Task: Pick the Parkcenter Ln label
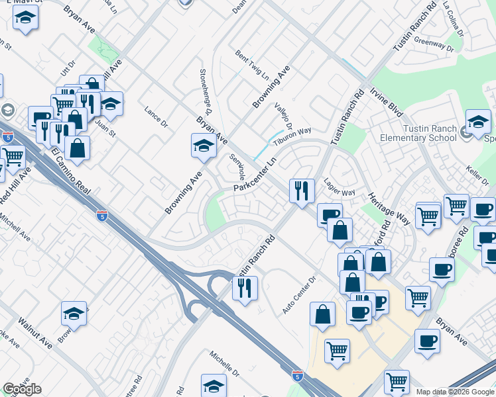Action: click(x=254, y=176)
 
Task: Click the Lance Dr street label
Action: click(x=155, y=116)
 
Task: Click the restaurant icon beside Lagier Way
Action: click(x=302, y=191)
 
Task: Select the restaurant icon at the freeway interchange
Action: click(x=245, y=287)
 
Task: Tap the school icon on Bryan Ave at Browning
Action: click(x=204, y=146)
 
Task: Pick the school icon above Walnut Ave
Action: click(x=74, y=314)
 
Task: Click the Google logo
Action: click(x=22, y=389)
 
